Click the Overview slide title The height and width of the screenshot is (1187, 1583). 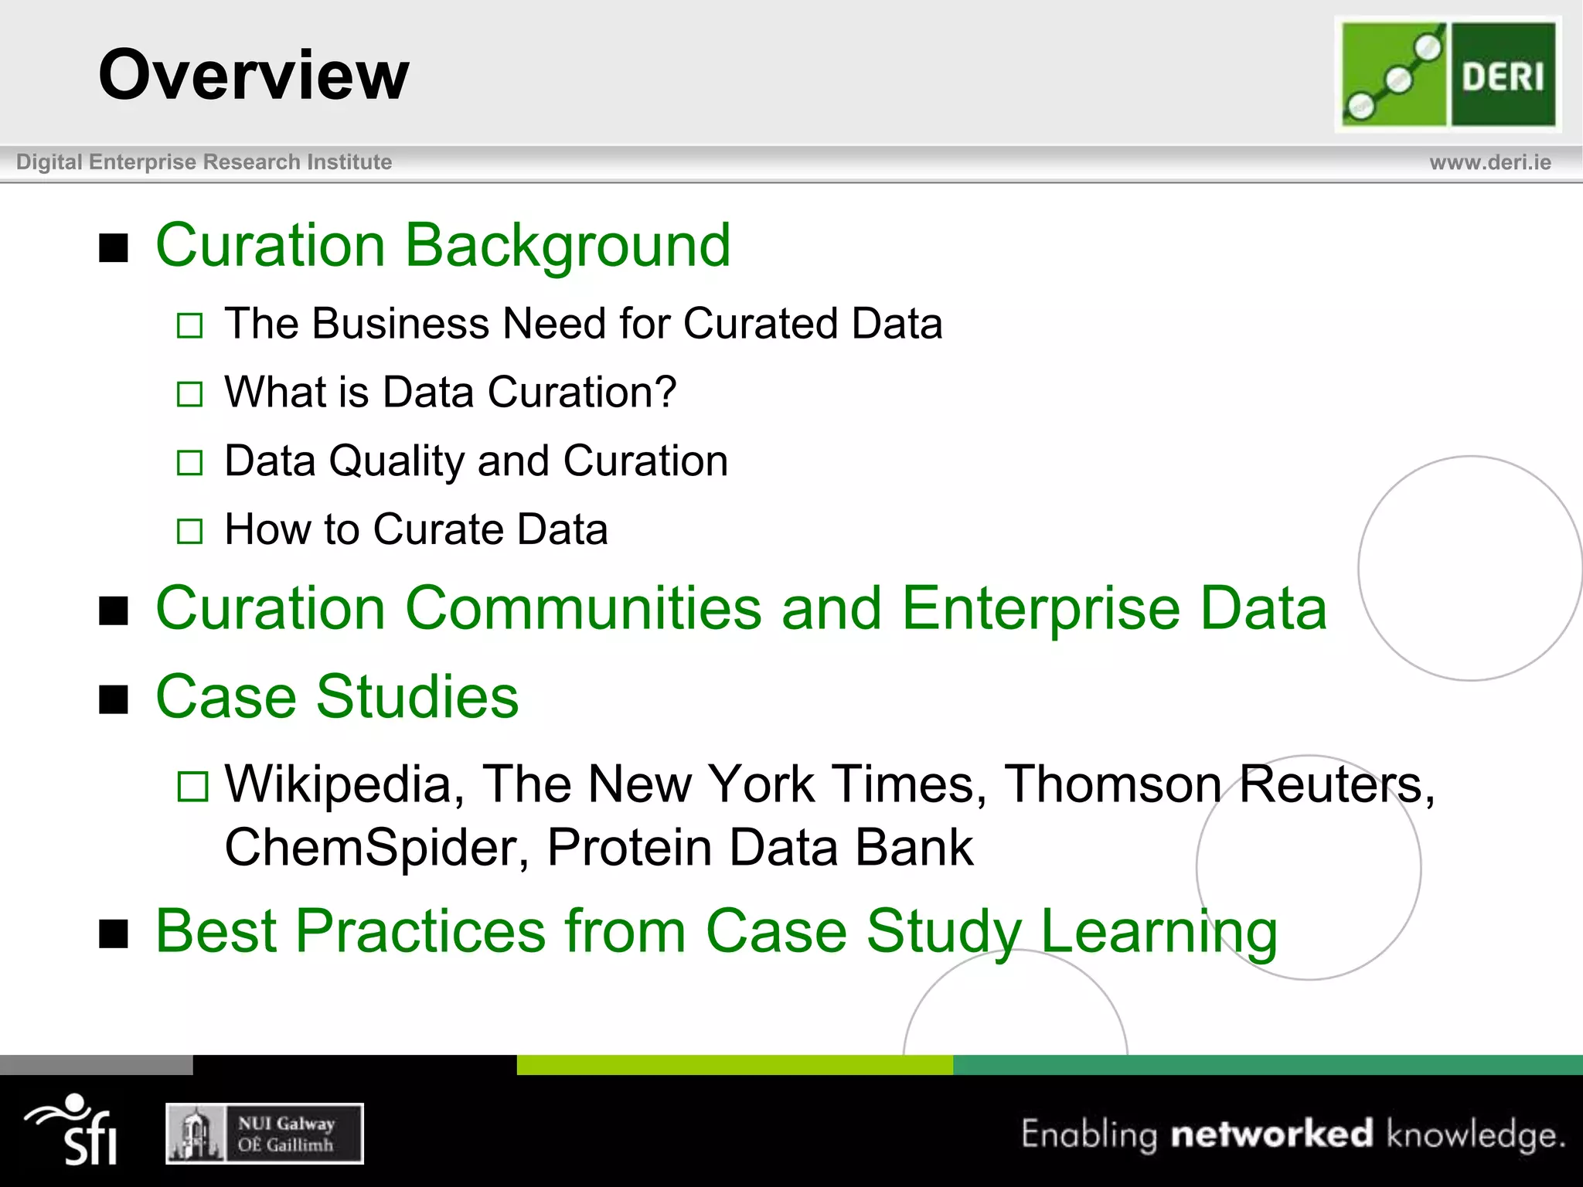click(x=254, y=75)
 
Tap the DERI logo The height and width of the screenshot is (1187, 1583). click(x=1448, y=75)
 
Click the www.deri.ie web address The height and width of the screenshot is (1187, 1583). click(x=1489, y=162)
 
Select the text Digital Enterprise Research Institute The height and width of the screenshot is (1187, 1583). click(x=204, y=162)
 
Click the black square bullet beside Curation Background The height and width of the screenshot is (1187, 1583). click(x=114, y=248)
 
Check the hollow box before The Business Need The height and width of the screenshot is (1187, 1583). click(x=189, y=325)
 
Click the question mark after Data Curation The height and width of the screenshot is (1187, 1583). click(x=665, y=392)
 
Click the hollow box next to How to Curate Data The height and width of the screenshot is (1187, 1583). click(x=189, y=532)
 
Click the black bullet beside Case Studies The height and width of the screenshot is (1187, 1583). click(x=114, y=699)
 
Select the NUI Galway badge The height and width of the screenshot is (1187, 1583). click(x=264, y=1134)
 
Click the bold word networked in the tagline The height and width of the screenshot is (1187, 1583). click(x=1272, y=1134)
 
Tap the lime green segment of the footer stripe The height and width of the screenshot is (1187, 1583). click(x=734, y=1065)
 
